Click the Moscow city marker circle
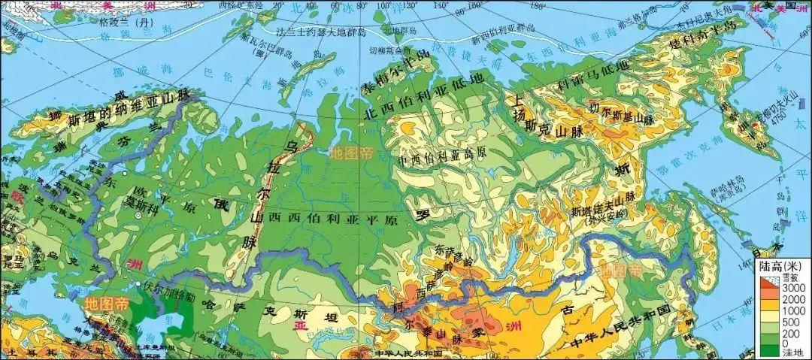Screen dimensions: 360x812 click(x=138, y=216)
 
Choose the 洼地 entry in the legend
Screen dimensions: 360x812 click(x=785, y=351)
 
